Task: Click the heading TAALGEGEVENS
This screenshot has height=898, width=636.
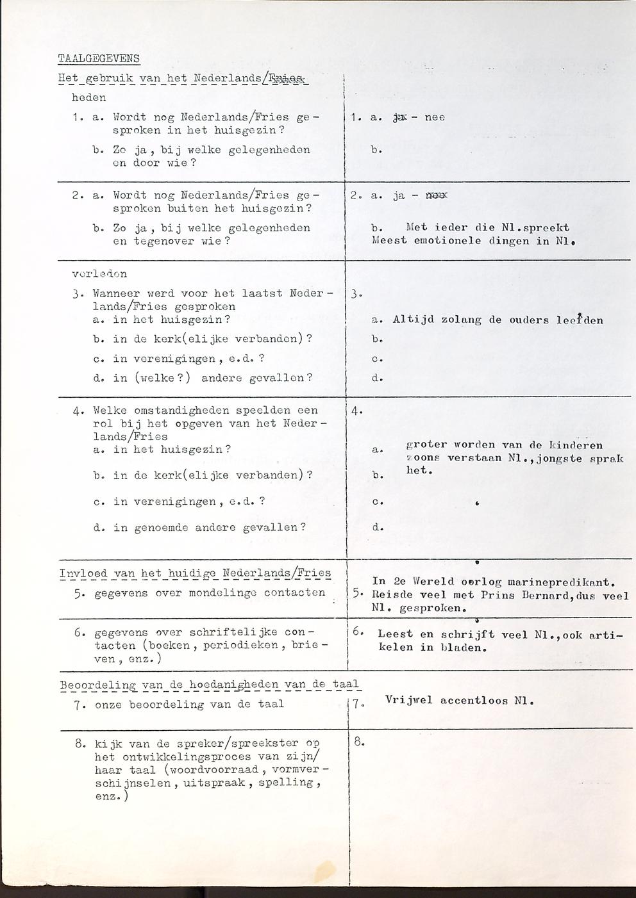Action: [99, 59]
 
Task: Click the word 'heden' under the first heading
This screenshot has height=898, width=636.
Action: [88, 98]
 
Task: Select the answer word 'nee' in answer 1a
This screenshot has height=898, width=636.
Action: [435, 118]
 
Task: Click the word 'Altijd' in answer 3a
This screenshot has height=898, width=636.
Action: [413, 320]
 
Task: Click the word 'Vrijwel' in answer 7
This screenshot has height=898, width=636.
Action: [409, 701]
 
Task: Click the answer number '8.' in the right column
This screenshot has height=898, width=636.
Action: [359, 743]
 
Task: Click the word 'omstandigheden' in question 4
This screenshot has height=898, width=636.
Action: [179, 411]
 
